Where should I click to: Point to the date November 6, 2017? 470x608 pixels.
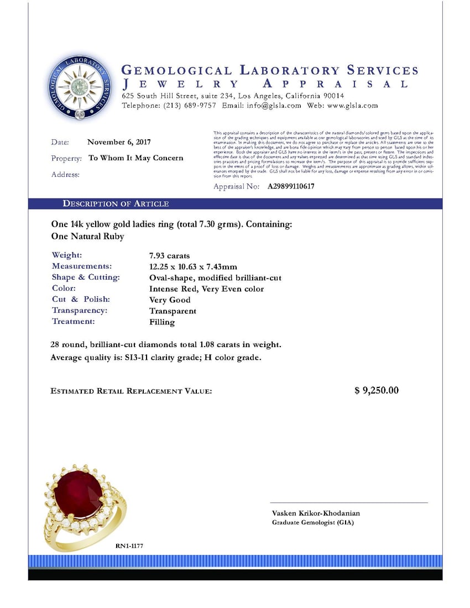[119, 142]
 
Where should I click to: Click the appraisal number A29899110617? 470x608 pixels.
[291, 187]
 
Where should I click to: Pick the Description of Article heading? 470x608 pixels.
[116, 204]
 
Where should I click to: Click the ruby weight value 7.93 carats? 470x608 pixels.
[169, 256]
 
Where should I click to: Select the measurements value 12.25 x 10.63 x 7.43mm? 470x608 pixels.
[193, 267]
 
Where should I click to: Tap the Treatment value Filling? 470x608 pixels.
[161, 322]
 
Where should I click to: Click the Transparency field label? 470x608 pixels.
[80, 311]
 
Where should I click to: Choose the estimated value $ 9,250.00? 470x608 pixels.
[376, 391]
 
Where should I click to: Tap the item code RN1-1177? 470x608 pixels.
[129, 546]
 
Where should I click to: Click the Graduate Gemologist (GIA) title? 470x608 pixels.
[312, 523]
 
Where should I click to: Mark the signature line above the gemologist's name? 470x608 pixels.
[348, 503]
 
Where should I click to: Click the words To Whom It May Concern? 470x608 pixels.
[136, 158]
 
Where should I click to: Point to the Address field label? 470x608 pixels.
[65, 175]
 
